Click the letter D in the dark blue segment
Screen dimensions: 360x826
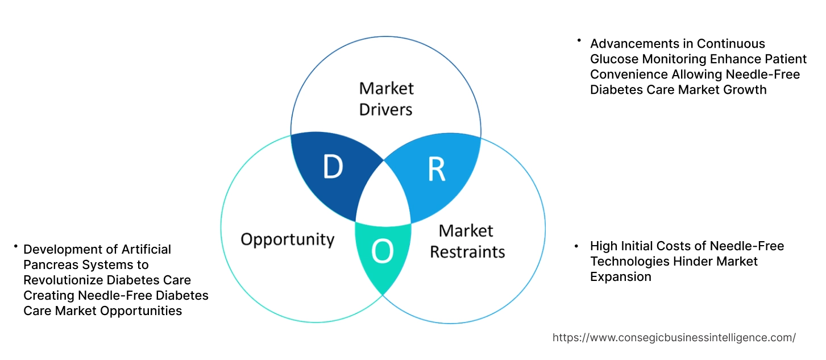click(333, 167)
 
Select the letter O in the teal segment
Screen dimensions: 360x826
click(382, 253)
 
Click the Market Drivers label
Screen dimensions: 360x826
click(387, 98)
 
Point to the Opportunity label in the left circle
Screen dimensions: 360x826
click(287, 239)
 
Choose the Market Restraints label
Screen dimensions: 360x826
click(467, 241)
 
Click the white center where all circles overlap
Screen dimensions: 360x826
click(383, 196)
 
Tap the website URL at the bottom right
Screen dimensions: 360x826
click(674, 337)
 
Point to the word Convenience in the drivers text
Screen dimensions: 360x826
click(628, 75)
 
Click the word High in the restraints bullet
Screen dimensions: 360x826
click(603, 246)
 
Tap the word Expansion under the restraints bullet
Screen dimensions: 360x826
click(620, 277)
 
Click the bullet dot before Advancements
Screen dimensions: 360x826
click(579, 40)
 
